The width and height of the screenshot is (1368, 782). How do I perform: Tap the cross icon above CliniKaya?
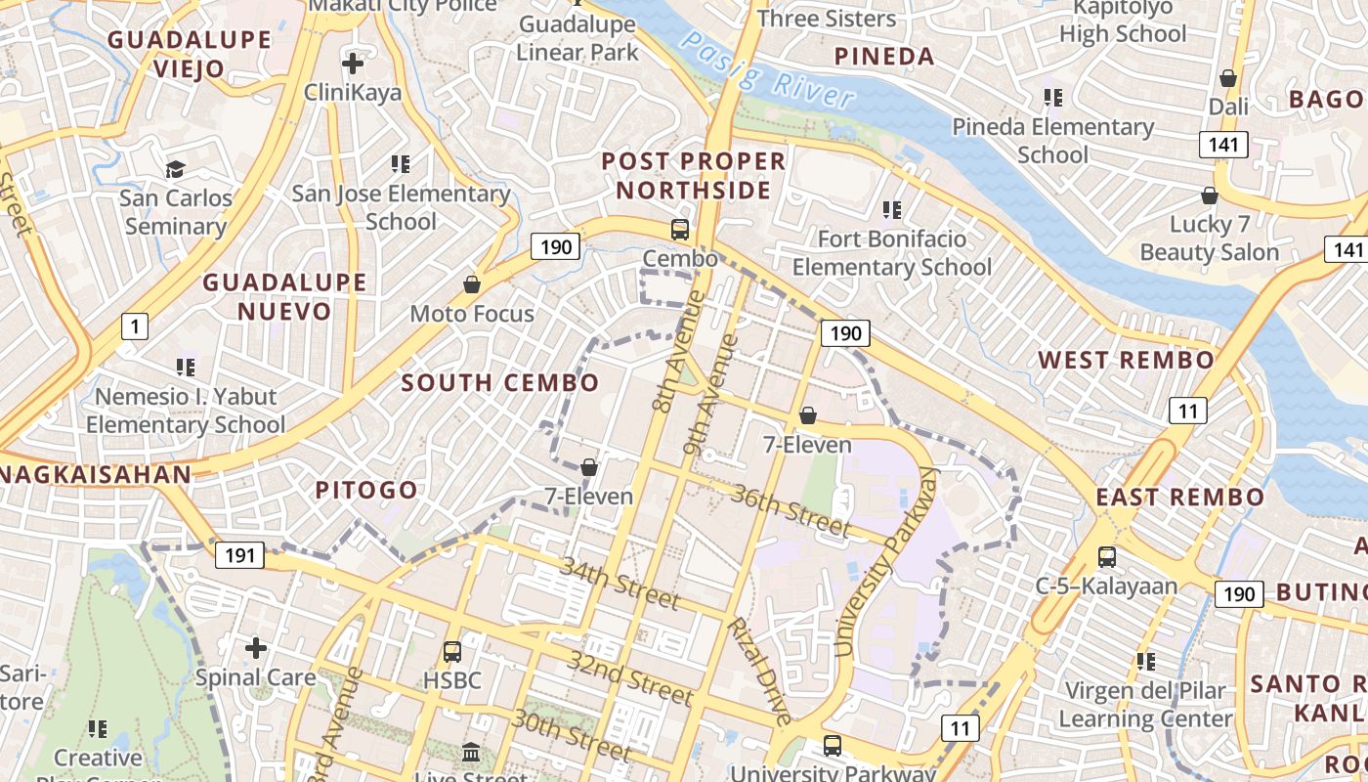point(352,65)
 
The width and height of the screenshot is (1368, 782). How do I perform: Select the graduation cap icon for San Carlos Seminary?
point(175,170)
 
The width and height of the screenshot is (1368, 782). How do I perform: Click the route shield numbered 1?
point(135,326)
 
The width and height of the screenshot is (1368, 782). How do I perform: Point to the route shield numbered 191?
point(239,556)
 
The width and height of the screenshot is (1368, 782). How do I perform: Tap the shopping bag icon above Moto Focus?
point(472,284)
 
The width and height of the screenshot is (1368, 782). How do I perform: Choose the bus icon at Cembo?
point(679,230)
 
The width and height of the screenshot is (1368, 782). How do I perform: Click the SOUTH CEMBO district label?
point(500,382)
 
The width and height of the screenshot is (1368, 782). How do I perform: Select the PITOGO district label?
point(366,490)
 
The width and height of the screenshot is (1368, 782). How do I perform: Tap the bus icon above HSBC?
point(451,651)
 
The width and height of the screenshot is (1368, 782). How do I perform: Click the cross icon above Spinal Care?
point(255,647)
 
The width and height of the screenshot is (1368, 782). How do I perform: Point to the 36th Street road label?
point(791,510)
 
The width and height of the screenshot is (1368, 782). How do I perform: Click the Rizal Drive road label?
point(759,671)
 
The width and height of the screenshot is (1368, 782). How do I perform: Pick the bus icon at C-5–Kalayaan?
point(1106,557)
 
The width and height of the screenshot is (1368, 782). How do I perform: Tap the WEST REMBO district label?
point(1126,360)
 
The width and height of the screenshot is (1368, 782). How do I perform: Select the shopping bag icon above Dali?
point(1228,78)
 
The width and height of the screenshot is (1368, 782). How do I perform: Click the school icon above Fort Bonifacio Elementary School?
point(891,209)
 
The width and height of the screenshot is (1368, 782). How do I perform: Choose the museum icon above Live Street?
point(471,753)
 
